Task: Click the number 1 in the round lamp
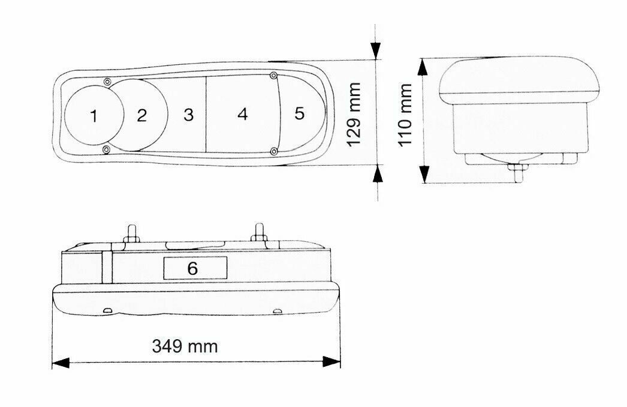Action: point(94,116)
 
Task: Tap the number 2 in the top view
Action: point(141,115)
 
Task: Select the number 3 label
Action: point(189,115)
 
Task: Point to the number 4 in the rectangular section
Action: point(242,114)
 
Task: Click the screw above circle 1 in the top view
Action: point(107,82)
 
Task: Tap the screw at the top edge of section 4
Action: point(273,76)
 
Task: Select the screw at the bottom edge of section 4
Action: point(273,150)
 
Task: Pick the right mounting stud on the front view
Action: point(260,232)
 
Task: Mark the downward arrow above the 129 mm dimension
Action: point(377,50)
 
